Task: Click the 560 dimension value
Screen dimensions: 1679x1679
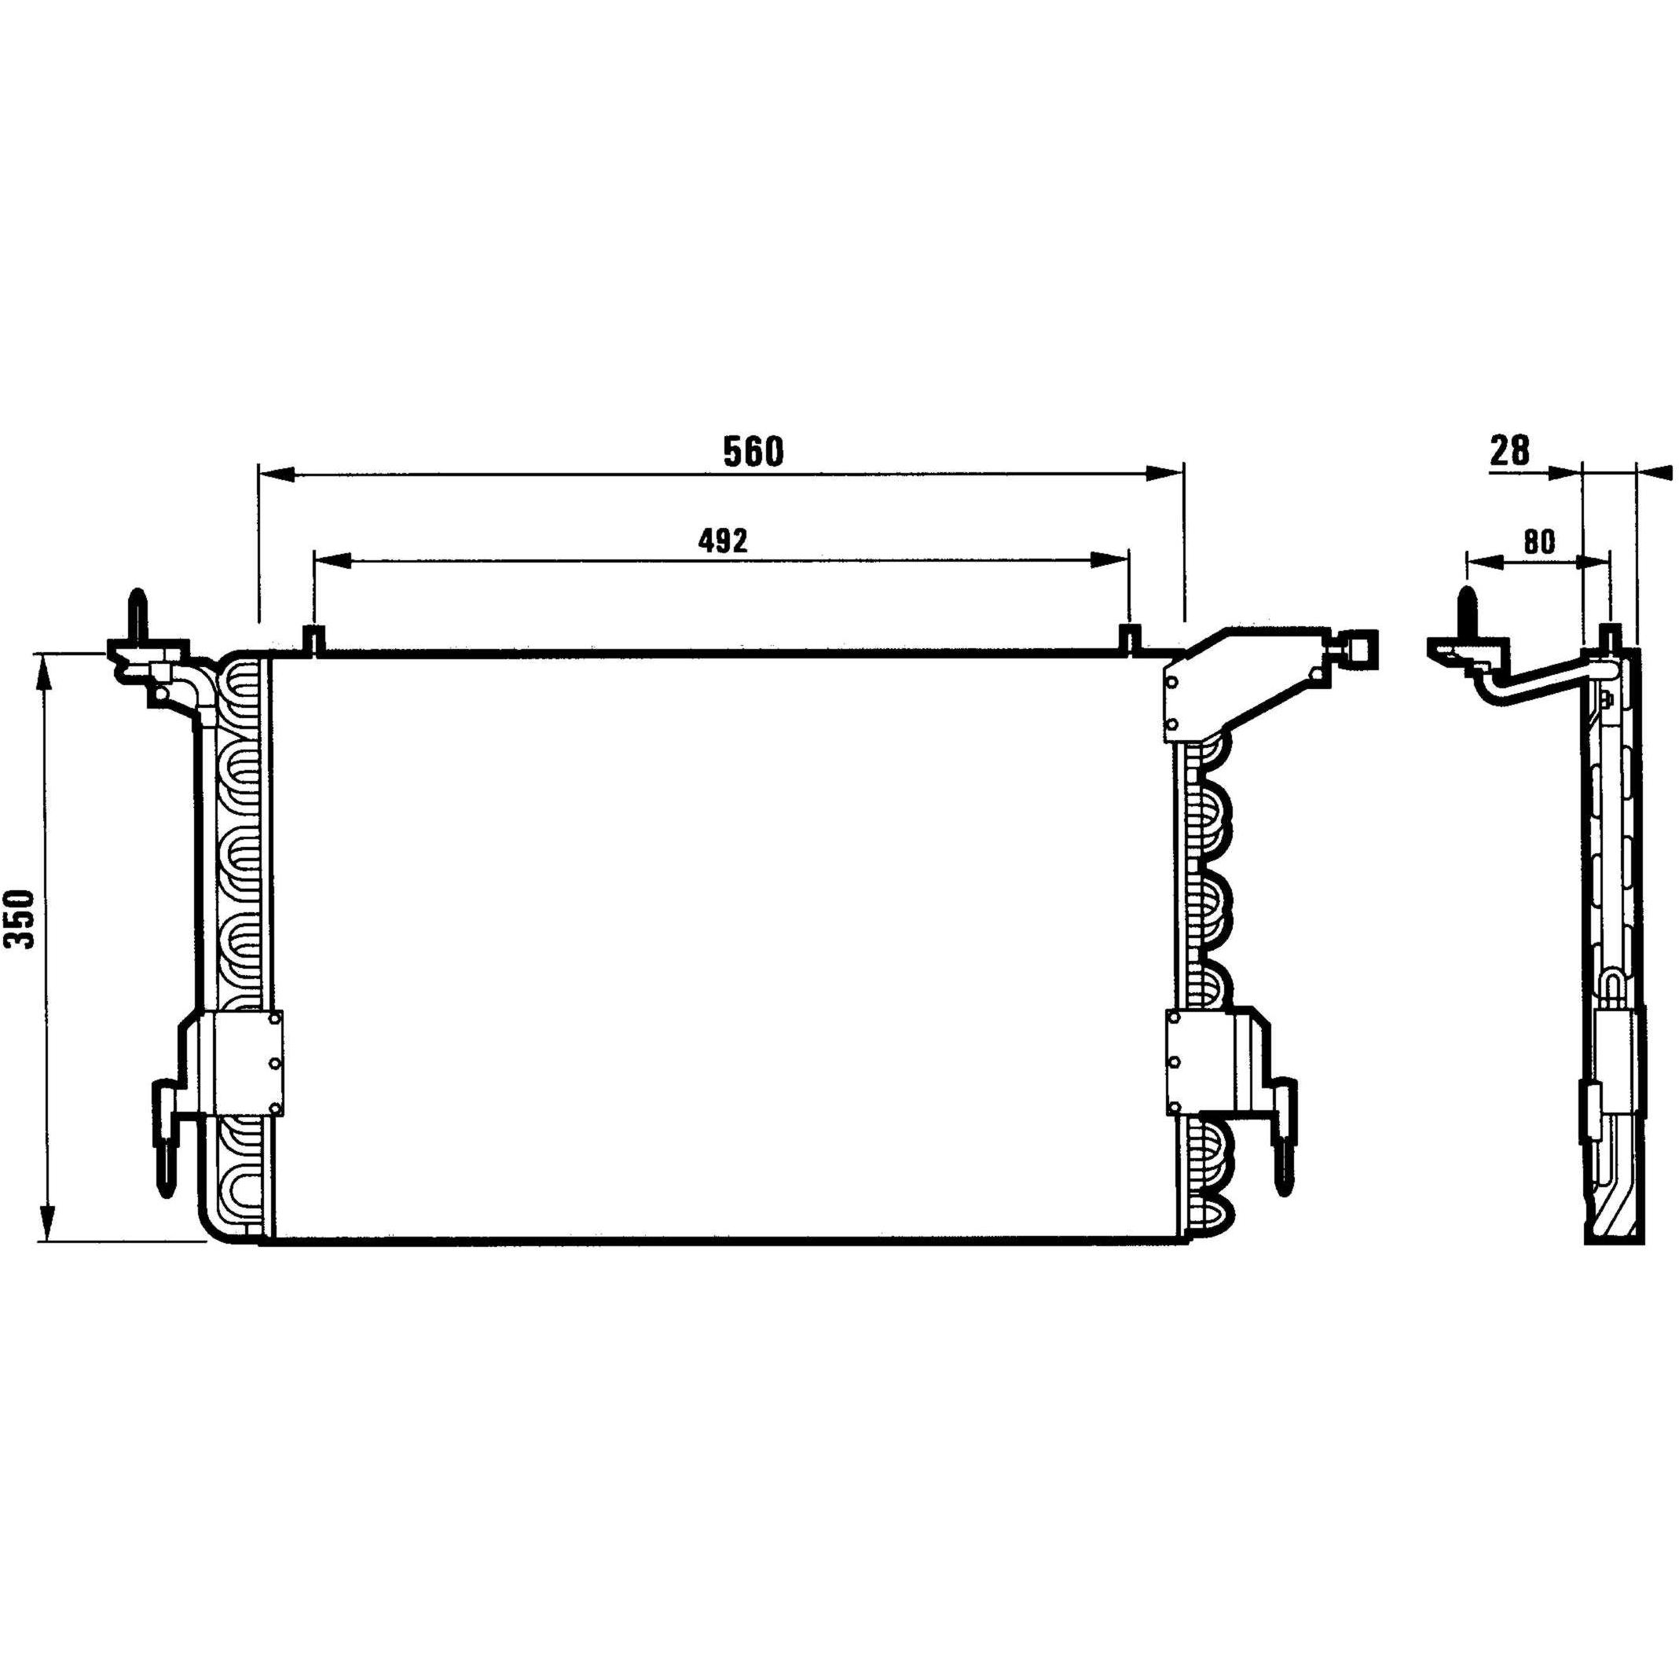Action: pos(753,451)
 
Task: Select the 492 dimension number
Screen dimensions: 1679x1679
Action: pos(722,541)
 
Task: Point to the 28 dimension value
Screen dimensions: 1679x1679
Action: pos(1510,451)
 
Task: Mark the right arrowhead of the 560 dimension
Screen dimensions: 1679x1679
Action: pos(1164,474)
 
